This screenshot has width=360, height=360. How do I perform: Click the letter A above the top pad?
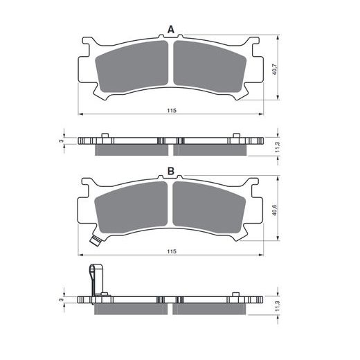170,29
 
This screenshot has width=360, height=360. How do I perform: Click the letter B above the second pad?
170,171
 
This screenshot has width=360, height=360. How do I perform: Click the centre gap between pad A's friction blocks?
170,66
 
